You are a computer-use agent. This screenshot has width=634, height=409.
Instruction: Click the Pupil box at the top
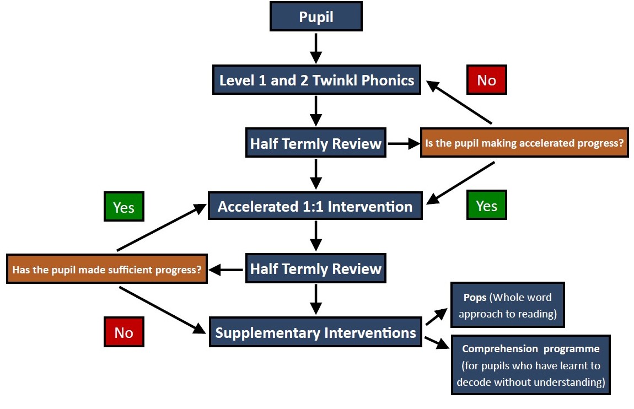coord(316,17)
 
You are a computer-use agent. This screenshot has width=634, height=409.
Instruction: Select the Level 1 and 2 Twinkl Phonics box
coord(316,80)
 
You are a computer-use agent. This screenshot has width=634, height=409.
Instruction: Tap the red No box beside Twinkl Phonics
coord(486,80)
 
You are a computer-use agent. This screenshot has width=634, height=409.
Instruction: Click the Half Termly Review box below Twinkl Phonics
coord(316,143)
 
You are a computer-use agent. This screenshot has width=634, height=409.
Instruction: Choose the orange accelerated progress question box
coord(524,143)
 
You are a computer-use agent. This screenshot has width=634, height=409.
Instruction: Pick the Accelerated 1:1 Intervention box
coord(315,206)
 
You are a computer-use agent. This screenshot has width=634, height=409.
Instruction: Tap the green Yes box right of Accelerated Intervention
coord(486,205)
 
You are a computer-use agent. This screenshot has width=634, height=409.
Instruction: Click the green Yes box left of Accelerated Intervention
coord(123,207)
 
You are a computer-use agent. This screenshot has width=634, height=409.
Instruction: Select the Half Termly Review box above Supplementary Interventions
coord(316,268)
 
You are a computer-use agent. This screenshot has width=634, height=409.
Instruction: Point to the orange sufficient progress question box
coord(107,269)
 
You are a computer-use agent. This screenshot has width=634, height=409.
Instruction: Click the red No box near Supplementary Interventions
coord(123,332)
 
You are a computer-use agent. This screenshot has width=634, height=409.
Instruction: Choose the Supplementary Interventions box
coord(315,332)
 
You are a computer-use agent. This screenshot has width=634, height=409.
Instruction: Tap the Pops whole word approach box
coord(507,305)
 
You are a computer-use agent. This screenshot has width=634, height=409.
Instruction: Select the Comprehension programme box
coord(530,365)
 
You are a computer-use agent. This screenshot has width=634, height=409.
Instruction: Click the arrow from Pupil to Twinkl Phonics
coord(316,48)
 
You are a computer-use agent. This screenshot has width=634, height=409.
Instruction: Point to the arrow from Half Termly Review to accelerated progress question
coord(404,143)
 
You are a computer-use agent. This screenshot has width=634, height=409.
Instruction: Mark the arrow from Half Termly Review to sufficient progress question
coord(225,270)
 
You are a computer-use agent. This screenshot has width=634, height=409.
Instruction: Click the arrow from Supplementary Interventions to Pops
coord(437,316)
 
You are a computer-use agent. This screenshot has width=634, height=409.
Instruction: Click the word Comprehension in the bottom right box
coord(500,349)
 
